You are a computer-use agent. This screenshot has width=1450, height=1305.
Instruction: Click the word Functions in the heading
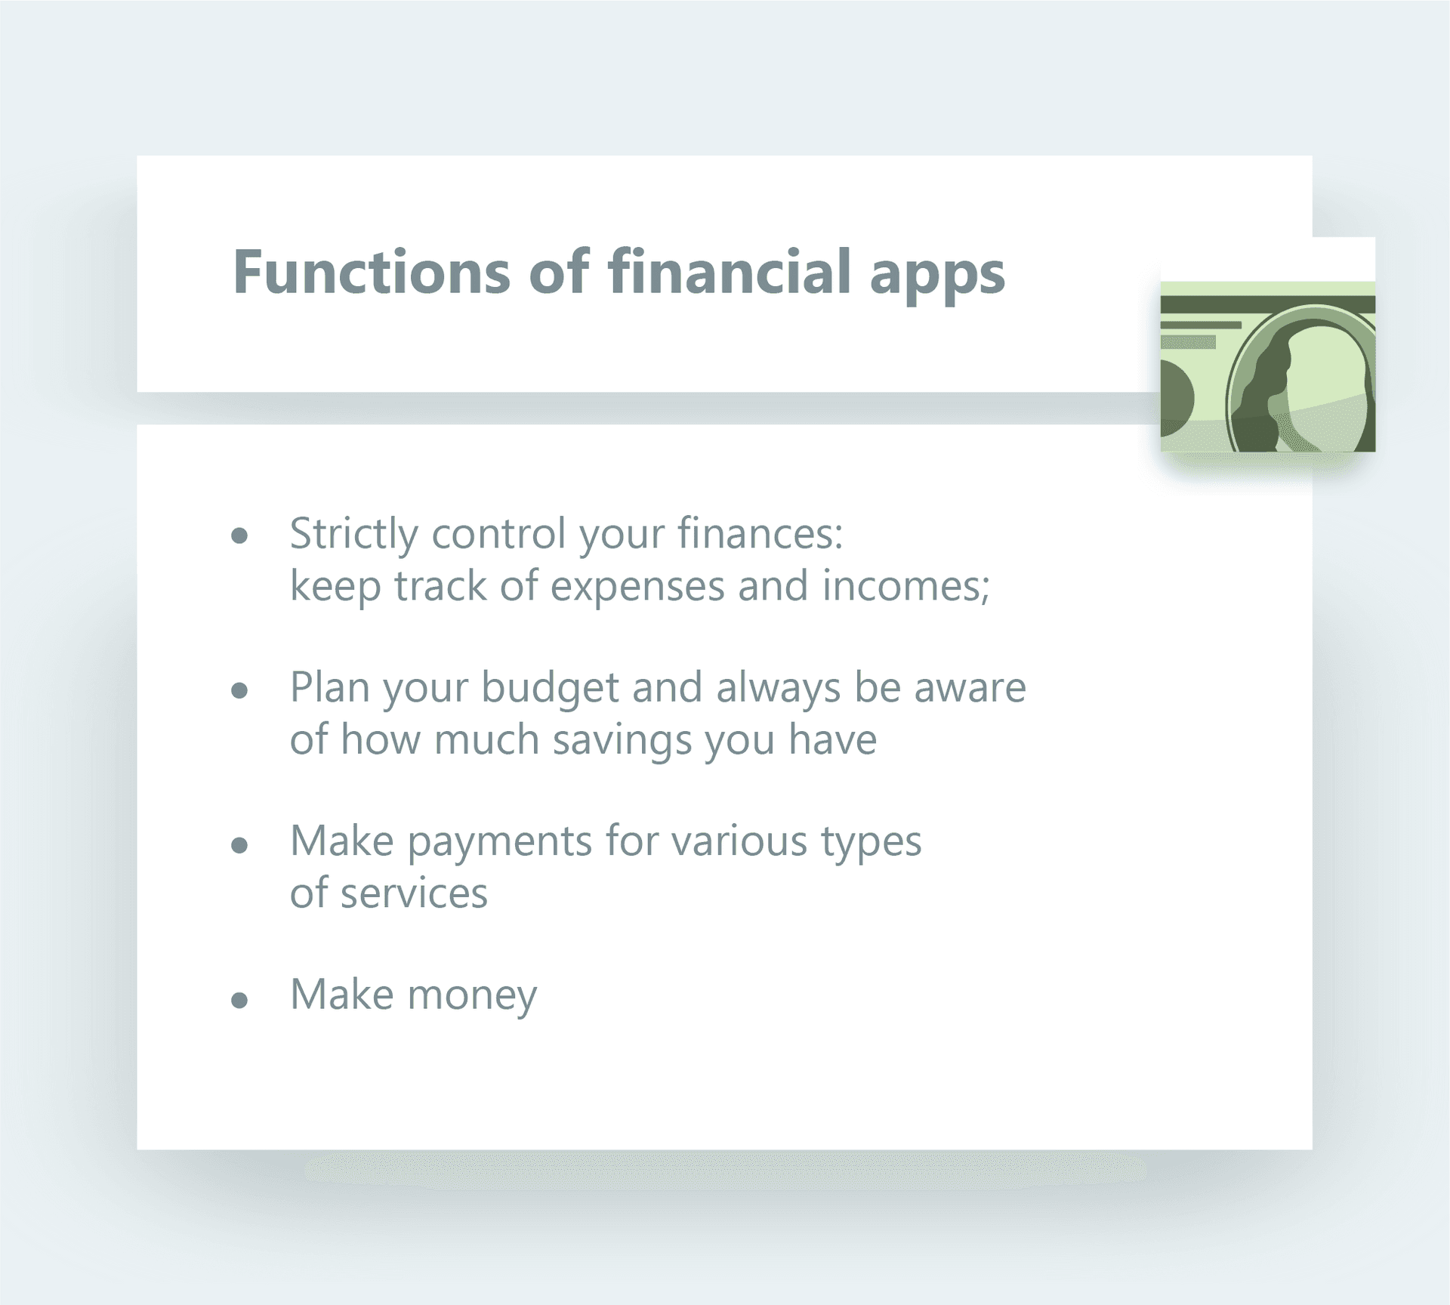(x=372, y=272)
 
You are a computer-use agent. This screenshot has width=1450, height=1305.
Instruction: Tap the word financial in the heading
(x=730, y=270)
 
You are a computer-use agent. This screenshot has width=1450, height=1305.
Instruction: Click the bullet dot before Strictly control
(x=239, y=536)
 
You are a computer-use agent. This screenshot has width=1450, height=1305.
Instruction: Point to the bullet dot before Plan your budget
(x=239, y=690)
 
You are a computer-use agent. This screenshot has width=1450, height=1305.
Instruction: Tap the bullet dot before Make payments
(x=239, y=844)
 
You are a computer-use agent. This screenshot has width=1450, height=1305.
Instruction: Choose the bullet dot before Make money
(x=239, y=1001)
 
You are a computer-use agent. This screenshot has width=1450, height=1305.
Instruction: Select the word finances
(x=760, y=533)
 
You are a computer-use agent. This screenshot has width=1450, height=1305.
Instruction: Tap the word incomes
(x=905, y=586)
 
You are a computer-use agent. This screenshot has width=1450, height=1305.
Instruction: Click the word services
(x=414, y=893)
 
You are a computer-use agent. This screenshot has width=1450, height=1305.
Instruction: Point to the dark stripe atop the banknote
(x=1268, y=304)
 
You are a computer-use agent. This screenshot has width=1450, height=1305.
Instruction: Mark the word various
(x=739, y=841)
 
